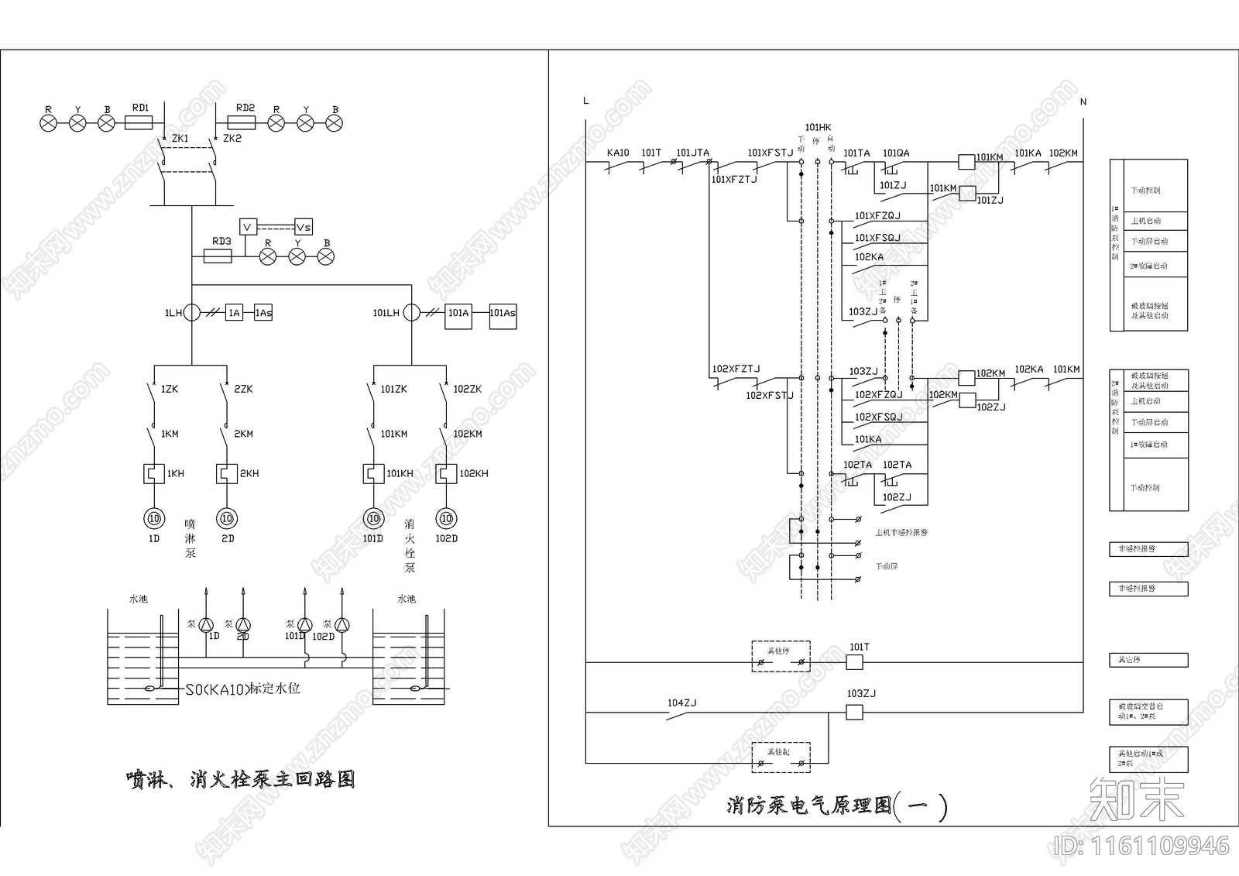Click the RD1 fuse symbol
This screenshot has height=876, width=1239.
point(140,122)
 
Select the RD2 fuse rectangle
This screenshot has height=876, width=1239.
point(245,122)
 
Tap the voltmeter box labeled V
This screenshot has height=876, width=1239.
point(248,227)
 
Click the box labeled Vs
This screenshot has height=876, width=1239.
point(303,227)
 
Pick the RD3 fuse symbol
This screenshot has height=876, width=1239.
point(218,256)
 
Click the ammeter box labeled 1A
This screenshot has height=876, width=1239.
point(234,313)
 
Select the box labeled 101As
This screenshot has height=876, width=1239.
point(503,313)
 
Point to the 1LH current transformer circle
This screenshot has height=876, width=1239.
point(191,313)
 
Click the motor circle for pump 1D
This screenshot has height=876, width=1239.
point(154,518)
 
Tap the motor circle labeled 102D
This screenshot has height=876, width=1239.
point(446,518)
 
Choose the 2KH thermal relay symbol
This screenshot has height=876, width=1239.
point(226,473)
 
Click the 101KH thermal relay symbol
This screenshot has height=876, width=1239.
point(373,473)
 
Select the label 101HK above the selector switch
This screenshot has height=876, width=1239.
point(818,128)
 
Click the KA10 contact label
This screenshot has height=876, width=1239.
point(618,153)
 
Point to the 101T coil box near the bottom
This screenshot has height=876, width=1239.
point(854,662)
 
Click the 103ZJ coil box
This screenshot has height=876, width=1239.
point(854,712)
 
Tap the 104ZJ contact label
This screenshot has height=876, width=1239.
point(682,703)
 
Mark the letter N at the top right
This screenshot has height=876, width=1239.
point(1083,101)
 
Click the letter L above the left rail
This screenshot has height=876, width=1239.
point(586,101)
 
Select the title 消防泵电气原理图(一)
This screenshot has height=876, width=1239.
point(837,806)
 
